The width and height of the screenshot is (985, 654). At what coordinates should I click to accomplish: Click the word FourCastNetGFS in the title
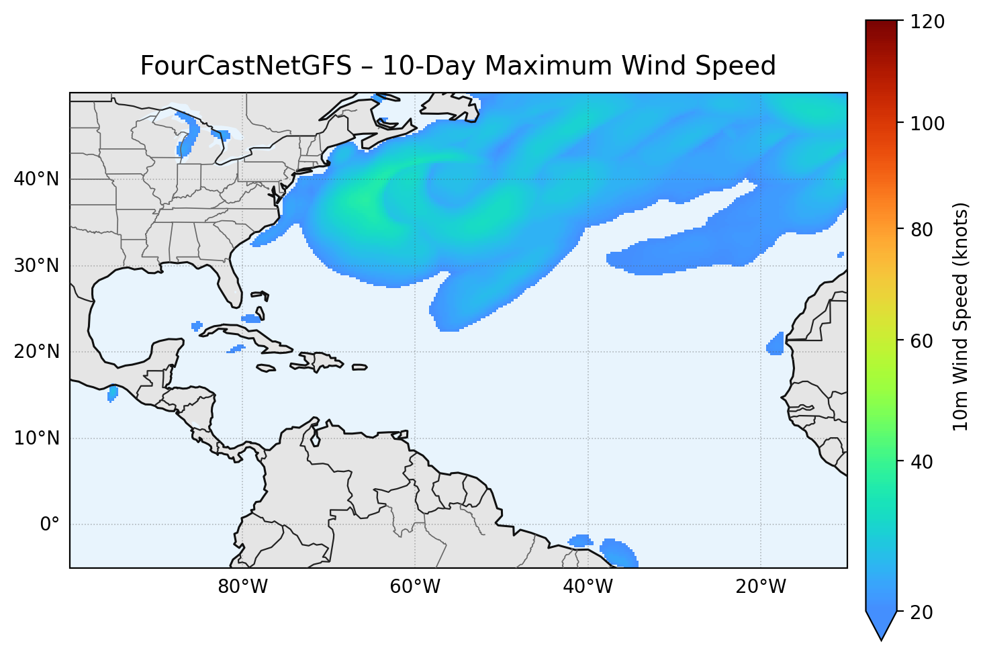[x=245, y=66]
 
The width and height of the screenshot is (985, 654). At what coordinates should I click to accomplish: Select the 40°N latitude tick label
[x=36, y=179]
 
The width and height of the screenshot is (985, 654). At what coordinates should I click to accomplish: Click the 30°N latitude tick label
[x=36, y=266]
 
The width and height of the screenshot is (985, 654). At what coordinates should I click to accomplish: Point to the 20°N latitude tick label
[x=36, y=352]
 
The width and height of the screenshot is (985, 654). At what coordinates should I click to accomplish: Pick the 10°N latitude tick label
[x=36, y=438]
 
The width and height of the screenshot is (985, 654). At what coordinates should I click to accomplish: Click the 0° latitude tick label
[x=50, y=524]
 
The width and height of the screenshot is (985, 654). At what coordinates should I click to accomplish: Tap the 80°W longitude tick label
[x=242, y=587]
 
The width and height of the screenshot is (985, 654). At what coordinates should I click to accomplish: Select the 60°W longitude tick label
[x=415, y=587]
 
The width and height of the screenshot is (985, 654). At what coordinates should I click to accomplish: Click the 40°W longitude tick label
[x=588, y=587]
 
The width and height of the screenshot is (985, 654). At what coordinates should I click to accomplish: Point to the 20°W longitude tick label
[x=760, y=587]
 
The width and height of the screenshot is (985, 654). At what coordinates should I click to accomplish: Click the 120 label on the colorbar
[x=929, y=22]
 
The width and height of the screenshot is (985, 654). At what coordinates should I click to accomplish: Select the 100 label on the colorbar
[x=929, y=124]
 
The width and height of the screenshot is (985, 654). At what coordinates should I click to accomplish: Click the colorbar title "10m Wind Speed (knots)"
[x=961, y=316]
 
